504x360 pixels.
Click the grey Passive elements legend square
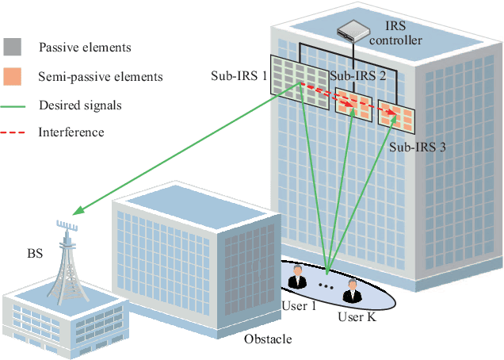click(x=13, y=48)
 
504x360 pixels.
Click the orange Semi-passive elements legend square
click(x=13, y=77)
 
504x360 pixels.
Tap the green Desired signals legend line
click(x=13, y=105)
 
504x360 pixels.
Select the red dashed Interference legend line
click(x=13, y=132)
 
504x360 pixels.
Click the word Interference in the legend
click(x=71, y=132)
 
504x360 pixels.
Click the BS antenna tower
click(x=68, y=258)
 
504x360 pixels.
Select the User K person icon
click(x=351, y=294)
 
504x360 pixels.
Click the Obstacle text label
click(x=267, y=339)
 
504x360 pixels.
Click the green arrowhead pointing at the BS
click(x=77, y=212)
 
